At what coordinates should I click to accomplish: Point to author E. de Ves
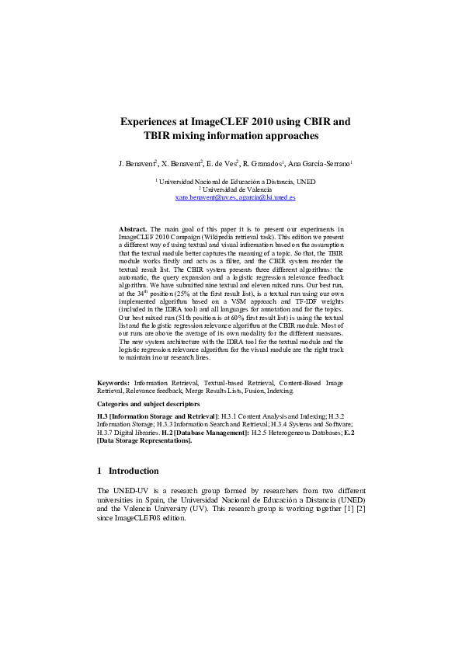221,165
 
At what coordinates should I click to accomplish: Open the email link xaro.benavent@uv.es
204,198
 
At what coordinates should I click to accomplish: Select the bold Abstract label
133,230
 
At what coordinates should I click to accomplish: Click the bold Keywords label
113,383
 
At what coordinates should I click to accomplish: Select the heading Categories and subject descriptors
148,405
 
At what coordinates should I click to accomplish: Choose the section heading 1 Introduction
128,471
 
